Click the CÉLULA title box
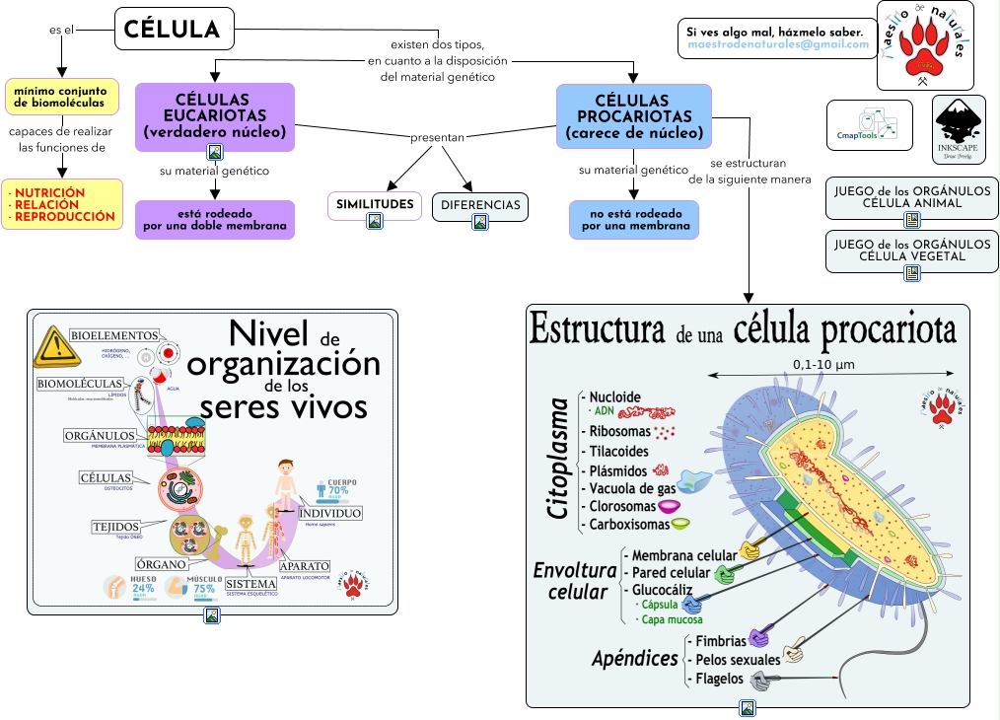click(x=174, y=29)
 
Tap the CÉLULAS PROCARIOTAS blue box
click(x=633, y=115)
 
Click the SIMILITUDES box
click(x=374, y=204)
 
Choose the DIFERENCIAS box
click(x=479, y=204)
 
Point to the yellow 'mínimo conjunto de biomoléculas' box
click(x=62, y=97)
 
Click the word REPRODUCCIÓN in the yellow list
click(x=65, y=216)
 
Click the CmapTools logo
click(x=869, y=125)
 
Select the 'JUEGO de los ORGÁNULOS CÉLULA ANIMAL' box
click(x=912, y=196)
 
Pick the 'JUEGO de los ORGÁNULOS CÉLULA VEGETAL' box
click(x=912, y=250)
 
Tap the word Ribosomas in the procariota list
click(x=619, y=431)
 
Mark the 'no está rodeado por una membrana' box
click(x=633, y=219)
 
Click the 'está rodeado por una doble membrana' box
click(x=215, y=219)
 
